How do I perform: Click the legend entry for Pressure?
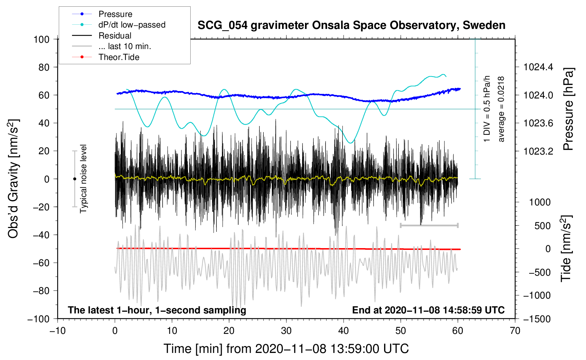pos(115,14)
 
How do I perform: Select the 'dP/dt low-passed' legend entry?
pos(132,25)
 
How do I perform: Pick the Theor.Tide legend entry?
pos(119,57)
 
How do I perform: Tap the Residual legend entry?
pos(115,36)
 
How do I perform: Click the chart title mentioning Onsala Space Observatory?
pos(351,25)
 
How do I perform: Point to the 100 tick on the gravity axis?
pos(41,39)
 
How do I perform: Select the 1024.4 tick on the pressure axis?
pos(538,67)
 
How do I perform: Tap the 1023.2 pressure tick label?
pos(538,151)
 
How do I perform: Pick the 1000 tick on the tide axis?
pos(540,202)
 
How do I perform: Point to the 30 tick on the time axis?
pos(286,331)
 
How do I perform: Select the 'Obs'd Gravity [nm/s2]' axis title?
pos(13,179)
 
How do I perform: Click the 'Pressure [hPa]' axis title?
pos(568,109)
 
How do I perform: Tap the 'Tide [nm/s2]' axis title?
pos(566,248)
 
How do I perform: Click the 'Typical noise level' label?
pos(83,179)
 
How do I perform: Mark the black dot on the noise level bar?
pos(74,179)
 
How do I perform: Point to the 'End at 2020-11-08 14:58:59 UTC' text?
pos(428,310)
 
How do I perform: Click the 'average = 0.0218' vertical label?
pos(501,109)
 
